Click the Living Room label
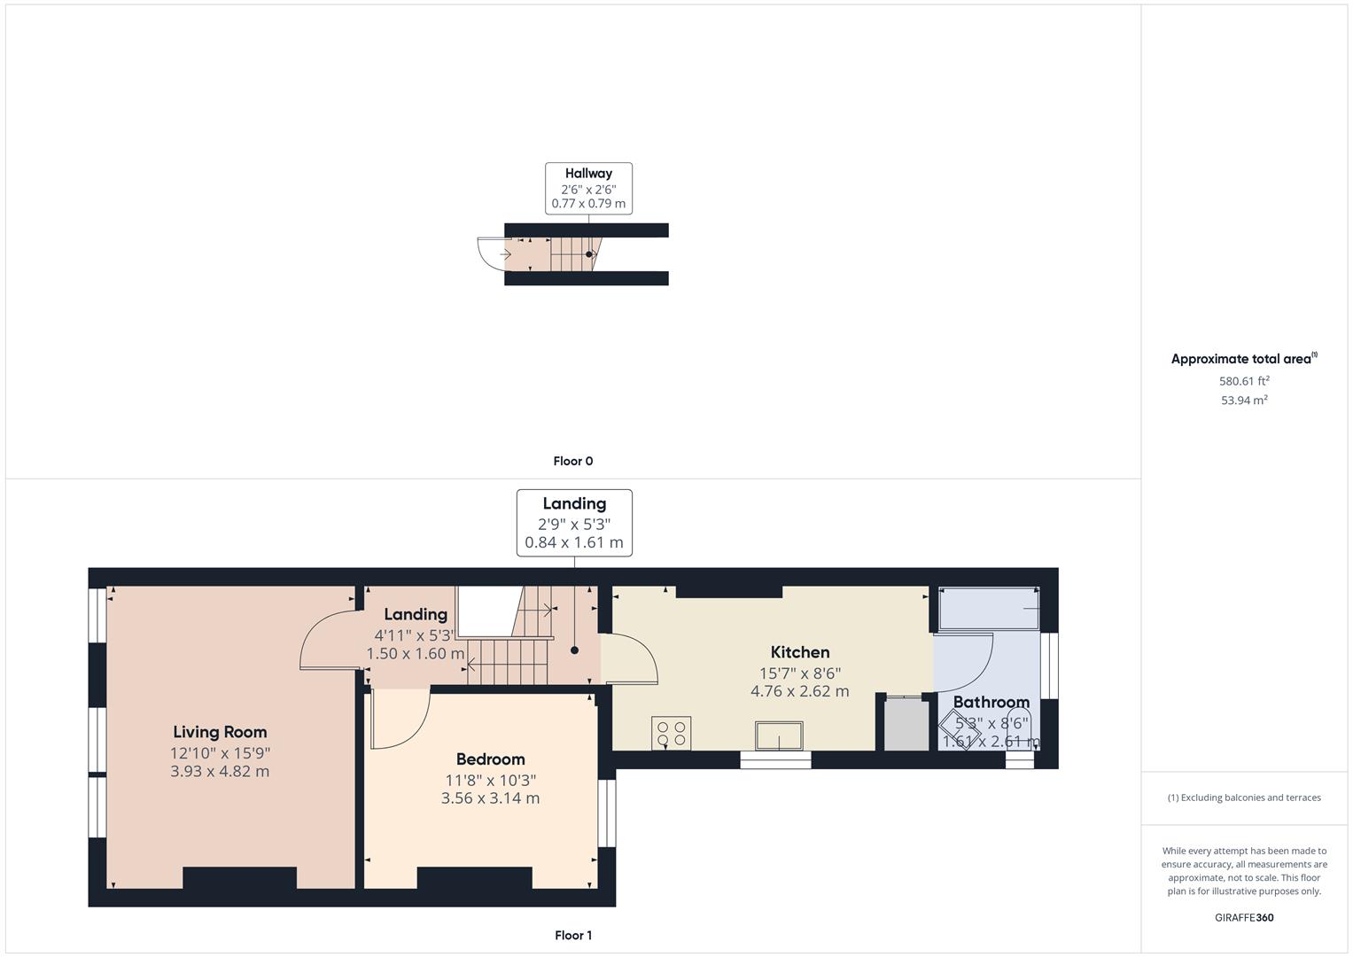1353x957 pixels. pos(220,732)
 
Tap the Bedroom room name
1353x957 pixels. pos(490,759)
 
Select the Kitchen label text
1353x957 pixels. pos(799,652)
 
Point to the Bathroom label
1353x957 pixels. pos(991,702)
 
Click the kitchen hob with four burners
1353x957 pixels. pos(671,733)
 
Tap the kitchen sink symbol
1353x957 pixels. pos(779,735)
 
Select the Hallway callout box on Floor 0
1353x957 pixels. pos(588,188)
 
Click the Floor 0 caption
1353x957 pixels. pos(573,461)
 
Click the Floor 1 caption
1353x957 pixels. pos(573,935)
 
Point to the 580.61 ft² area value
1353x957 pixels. pos(1244,381)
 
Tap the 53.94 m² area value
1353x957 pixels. pos(1244,401)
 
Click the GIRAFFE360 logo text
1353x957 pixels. pos(1244,917)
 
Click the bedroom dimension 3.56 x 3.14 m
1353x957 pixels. pos(490,798)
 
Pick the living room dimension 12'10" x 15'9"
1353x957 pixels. pos(220,753)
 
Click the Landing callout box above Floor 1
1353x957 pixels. pos(574,523)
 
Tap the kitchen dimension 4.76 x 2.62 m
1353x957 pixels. pos(799,691)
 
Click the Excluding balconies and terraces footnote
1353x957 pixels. pos(1244,797)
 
